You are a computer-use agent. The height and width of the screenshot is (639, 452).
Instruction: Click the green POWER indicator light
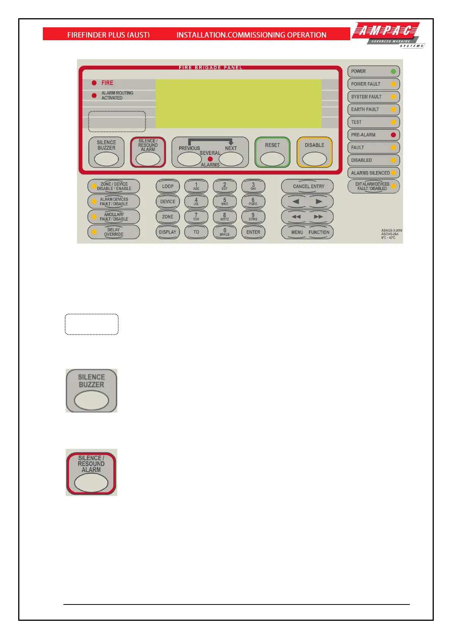(393, 71)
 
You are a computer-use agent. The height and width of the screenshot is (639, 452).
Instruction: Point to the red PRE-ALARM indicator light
(393, 135)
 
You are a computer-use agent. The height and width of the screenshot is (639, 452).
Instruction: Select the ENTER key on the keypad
(253, 232)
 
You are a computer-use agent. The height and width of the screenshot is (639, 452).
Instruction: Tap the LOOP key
(168, 186)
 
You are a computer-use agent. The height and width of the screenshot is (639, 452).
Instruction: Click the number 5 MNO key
(225, 201)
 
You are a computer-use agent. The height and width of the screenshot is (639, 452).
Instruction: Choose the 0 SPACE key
(225, 232)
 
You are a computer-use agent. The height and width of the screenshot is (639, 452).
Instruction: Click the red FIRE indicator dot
(94, 83)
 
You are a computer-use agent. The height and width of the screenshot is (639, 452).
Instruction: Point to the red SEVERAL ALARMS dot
(210, 159)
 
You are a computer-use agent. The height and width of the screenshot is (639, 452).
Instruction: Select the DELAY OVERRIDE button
(113, 232)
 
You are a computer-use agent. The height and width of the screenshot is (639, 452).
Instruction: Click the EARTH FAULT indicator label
(365, 109)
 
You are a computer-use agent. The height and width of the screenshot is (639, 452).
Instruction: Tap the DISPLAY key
(168, 232)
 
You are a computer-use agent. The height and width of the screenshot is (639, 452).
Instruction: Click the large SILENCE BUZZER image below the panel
(91, 391)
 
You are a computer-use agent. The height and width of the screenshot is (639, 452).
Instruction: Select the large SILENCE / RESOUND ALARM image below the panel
(91, 472)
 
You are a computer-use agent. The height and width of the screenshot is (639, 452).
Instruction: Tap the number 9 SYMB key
(253, 217)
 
